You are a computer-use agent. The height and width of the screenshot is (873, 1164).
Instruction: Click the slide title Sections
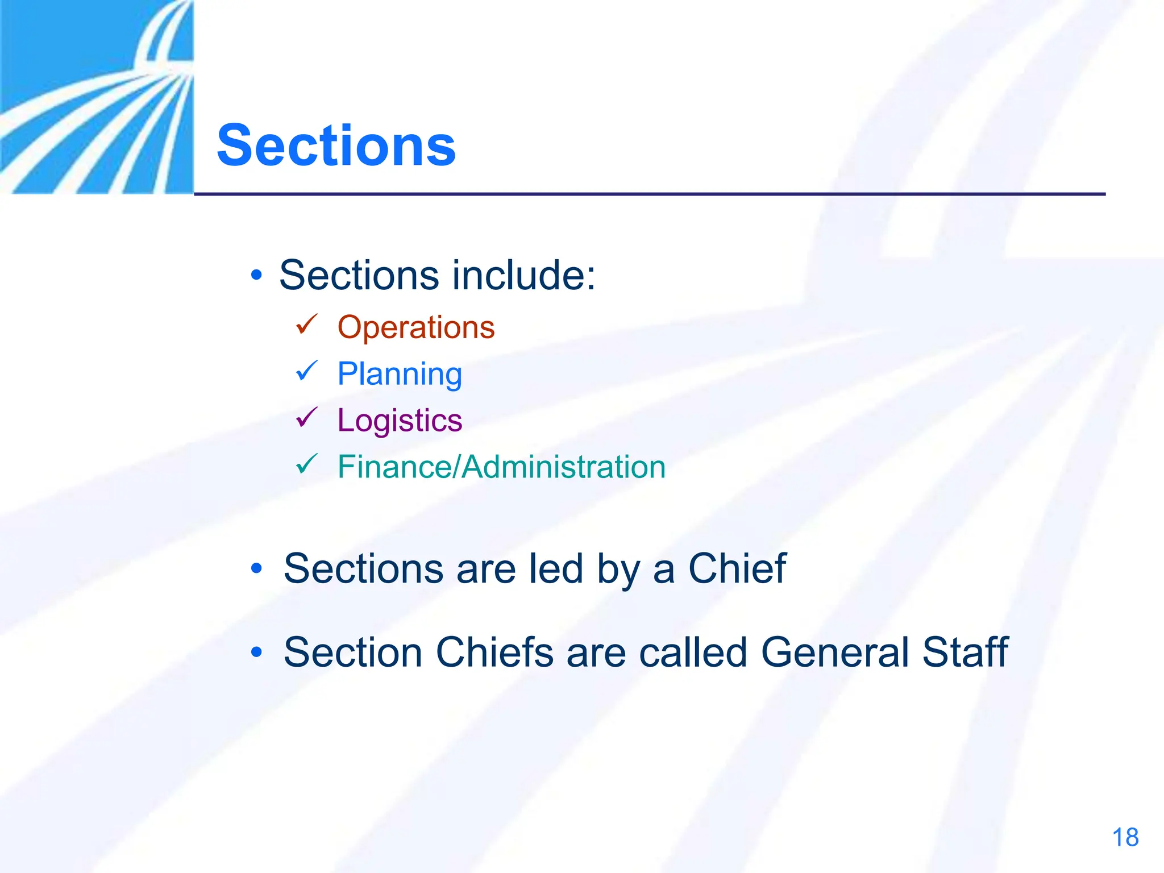tap(336, 146)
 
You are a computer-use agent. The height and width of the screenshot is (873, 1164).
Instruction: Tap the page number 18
tap(1125, 838)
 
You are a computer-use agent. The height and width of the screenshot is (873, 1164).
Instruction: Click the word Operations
tap(416, 327)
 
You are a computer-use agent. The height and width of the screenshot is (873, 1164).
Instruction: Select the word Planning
tap(400, 374)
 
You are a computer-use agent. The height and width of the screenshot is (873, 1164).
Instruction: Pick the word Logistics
tap(400, 421)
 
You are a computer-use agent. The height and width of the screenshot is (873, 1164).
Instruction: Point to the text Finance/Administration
tap(501, 467)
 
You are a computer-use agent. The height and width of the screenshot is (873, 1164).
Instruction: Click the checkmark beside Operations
tap(306, 325)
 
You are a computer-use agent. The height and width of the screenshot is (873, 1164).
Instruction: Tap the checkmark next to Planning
tap(306, 371)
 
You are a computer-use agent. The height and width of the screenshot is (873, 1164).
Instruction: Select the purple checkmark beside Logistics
tap(306, 418)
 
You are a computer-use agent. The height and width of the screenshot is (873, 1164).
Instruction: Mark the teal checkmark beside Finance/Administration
tap(306, 464)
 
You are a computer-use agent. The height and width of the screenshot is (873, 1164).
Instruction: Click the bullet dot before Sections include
tap(257, 276)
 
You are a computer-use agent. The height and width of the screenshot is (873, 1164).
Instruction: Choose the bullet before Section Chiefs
tap(257, 652)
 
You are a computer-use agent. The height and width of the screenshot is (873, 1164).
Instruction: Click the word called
tap(693, 652)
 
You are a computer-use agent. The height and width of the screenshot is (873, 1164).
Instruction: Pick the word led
tap(555, 568)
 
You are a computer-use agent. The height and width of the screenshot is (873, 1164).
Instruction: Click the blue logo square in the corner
tap(97, 97)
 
